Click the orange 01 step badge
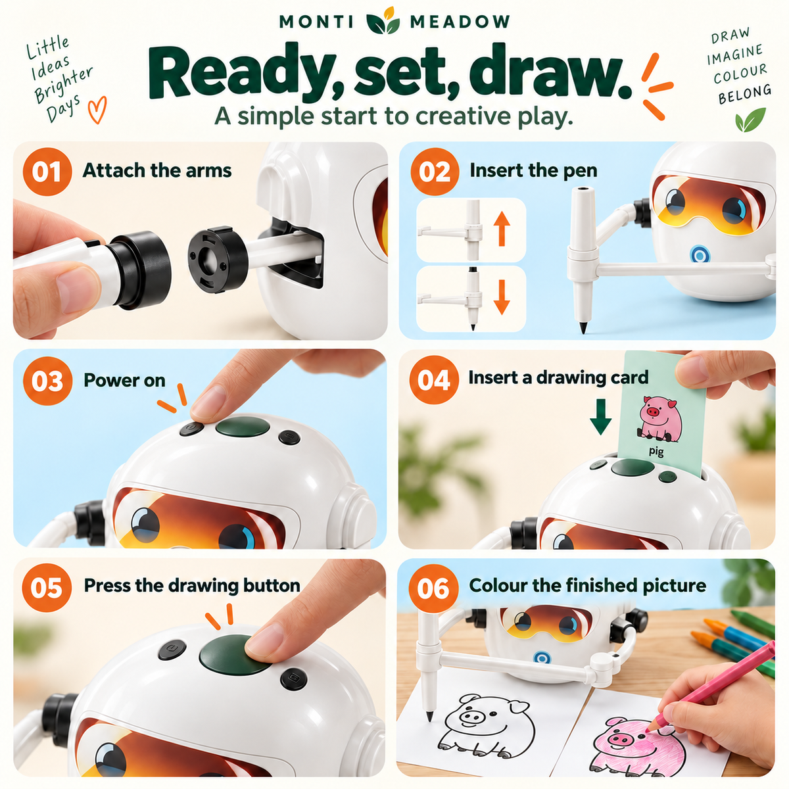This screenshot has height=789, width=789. point(47,172)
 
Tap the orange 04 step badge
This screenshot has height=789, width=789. point(433,379)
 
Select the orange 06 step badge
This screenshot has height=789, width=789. point(433,588)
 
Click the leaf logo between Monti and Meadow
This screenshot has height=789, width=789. point(383,20)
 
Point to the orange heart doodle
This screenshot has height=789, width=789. point(97,109)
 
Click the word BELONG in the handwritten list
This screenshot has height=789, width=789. point(745,95)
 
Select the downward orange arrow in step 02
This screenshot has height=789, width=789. point(502,297)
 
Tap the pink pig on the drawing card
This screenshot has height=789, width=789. point(659,418)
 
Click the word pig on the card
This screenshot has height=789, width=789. point(656,451)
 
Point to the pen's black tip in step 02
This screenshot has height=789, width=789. point(583,327)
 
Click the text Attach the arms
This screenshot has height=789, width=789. point(157,170)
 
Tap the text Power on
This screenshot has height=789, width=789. point(124,381)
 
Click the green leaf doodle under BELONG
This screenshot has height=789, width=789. point(750,120)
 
